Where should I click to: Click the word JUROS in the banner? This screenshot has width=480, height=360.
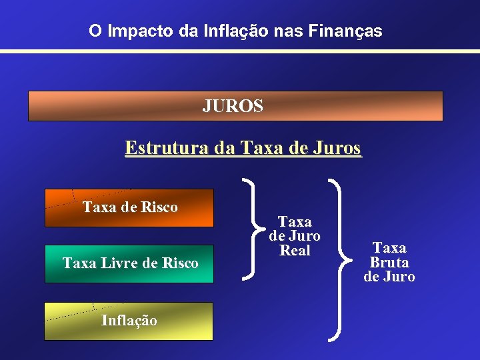[233, 106]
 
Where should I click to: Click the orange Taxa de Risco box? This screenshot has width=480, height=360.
[129, 207]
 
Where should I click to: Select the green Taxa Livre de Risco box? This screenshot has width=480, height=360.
[129, 264]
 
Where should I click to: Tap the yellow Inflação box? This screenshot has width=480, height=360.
[129, 321]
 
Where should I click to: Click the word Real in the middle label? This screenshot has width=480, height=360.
[295, 251]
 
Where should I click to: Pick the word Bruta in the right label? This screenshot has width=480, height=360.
[389, 263]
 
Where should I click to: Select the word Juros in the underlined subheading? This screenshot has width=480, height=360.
[339, 147]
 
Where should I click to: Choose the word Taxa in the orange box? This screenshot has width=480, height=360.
[100, 207]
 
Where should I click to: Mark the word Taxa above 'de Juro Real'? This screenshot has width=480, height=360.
[295, 221]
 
